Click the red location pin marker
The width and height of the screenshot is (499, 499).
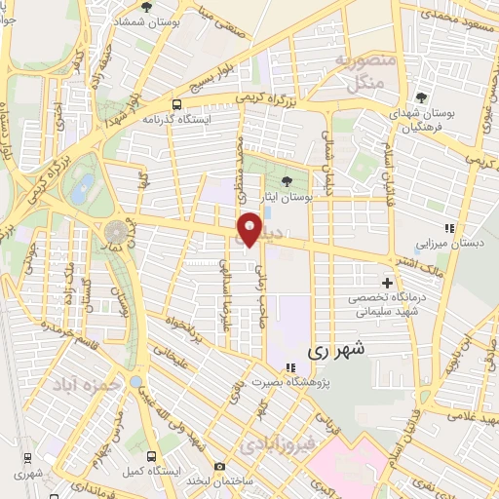coord(250,227)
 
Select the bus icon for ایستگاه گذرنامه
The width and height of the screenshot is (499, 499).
coord(175,104)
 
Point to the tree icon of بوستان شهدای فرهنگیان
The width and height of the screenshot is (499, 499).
coord(420,97)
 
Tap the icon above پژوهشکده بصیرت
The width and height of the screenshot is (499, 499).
coord(288,367)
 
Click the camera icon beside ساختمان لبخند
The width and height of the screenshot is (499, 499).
coord(220,467)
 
